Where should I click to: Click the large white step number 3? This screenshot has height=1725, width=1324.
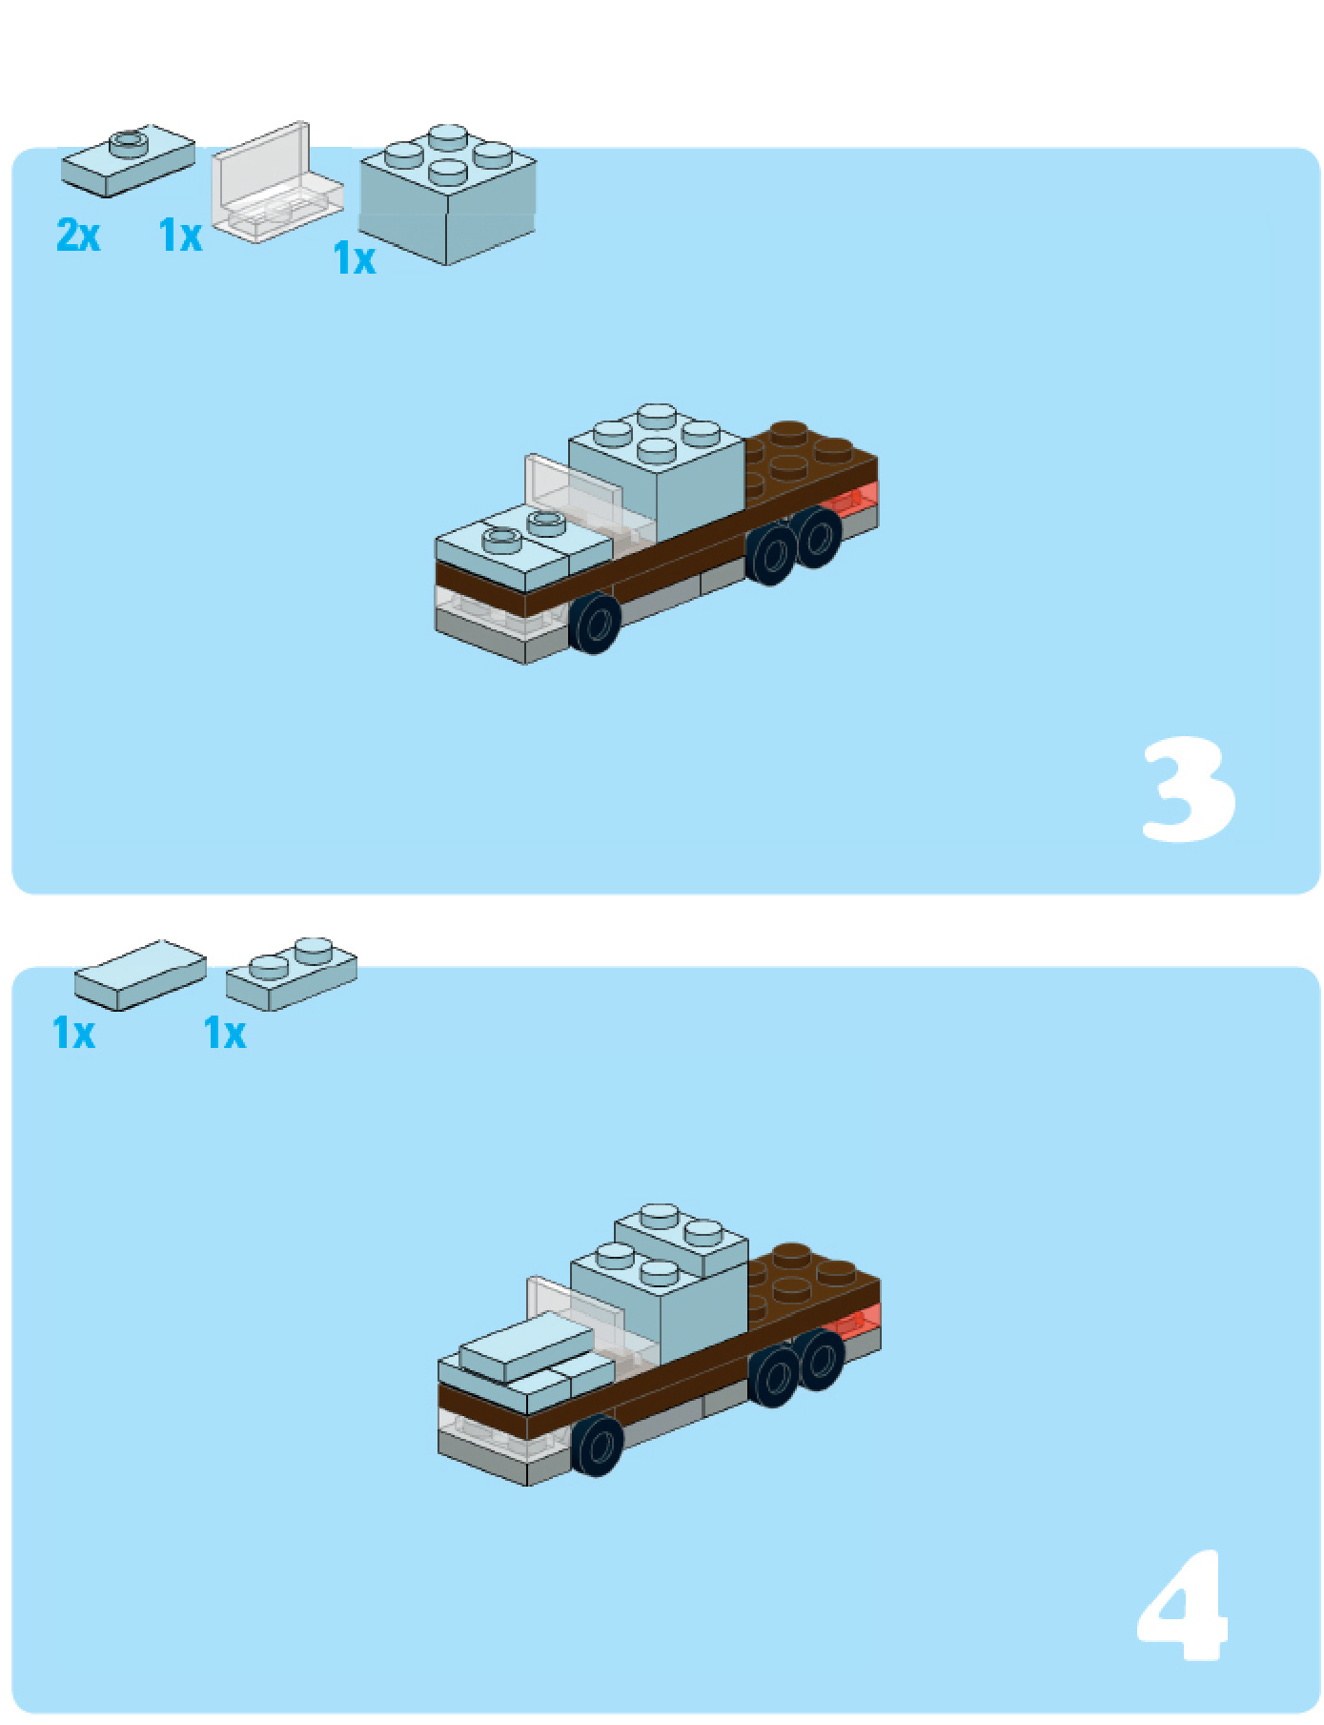1188,790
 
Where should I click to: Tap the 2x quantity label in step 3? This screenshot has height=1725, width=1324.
78,235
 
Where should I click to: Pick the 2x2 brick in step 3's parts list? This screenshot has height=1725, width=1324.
447,195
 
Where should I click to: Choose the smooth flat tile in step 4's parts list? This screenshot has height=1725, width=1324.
140,975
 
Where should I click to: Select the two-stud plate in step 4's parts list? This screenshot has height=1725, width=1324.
292,974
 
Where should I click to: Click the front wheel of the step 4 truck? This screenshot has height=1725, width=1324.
598,1445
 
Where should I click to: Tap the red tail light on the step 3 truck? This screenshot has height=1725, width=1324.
852,500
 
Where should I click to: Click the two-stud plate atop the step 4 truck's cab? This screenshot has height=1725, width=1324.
681,1238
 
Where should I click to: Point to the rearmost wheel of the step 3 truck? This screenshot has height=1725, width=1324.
818,537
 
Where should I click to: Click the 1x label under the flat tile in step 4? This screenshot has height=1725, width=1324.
73,1034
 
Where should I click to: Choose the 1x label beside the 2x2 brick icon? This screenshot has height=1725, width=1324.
355,258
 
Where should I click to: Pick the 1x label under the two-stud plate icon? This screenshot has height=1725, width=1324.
225,1034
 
